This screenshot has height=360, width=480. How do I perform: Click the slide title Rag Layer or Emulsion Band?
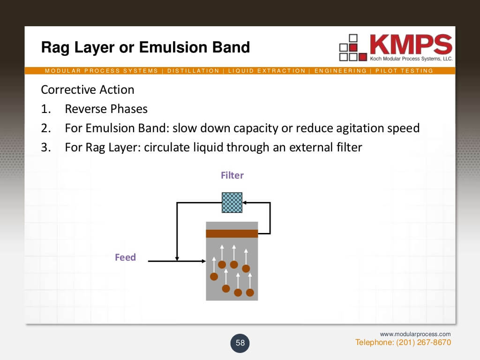[145, 47]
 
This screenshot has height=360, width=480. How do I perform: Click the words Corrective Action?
[88, 90]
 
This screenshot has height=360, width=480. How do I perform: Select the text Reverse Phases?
[106, 109]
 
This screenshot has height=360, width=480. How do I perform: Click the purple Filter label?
[232, 175]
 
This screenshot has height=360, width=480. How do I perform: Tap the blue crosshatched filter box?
[232, 202]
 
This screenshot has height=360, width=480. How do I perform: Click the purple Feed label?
[125, 257]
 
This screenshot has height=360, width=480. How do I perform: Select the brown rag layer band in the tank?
[232, 233]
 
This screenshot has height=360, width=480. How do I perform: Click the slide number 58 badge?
[240, 343]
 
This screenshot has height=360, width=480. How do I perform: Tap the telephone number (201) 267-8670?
[424, 343]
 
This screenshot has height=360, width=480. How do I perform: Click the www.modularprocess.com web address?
[415, 334]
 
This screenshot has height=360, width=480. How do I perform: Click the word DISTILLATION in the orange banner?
[193, 71]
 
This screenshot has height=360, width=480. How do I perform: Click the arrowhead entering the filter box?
[245, 202]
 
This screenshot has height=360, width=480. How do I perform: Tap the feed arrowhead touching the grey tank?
[203, 261]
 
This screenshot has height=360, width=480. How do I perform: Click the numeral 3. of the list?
[45, 148]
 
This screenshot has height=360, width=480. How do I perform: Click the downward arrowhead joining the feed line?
[177, 258]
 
